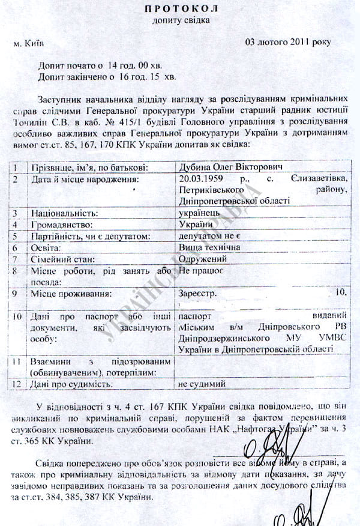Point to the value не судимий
point(202,382)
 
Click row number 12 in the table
point(17,382)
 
